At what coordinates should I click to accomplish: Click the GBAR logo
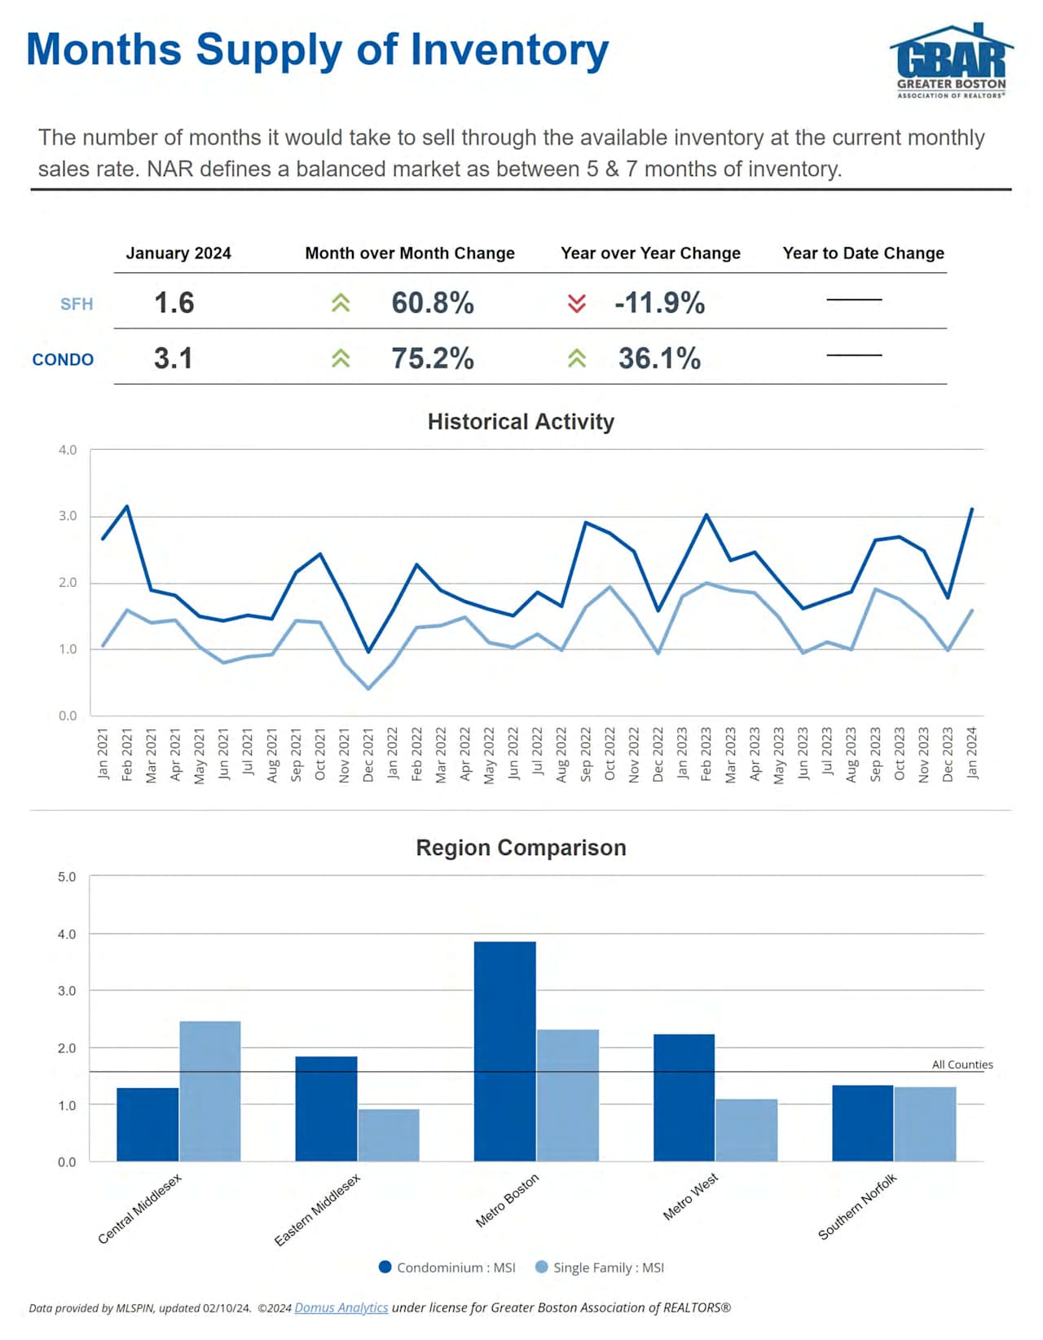(951, 62)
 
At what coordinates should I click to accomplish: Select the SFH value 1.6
(174, 303)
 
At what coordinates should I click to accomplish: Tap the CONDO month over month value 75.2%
(432, 359)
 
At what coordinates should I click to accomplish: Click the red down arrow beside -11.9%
(576, 304)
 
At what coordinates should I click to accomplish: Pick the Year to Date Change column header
(863, 253)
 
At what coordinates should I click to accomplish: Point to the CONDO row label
(63, 359)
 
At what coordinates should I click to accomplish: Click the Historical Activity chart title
(521, 421)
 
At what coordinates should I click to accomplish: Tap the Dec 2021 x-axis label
(368, 755)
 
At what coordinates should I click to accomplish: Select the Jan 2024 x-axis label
(971, 753)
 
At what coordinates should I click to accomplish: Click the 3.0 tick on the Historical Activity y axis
(68, 516)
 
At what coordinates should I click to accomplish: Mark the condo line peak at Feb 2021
(126, 506)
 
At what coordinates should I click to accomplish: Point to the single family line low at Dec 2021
(368, 689)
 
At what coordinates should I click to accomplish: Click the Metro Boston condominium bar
(504, 1051)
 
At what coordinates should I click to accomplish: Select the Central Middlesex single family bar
(210, 1091)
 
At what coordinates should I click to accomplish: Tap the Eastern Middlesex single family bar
(389, 1135)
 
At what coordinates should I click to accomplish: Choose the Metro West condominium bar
(684, 1097)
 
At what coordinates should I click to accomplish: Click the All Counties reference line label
(962, 1065)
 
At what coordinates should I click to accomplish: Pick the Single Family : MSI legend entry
(600, 1267)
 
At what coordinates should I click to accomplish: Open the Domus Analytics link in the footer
(341, 1307)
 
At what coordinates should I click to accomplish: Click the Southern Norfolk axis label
(857, 1207)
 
